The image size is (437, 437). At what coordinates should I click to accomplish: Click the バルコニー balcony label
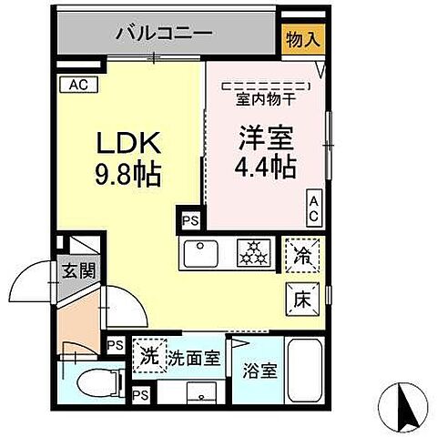click(164, 35)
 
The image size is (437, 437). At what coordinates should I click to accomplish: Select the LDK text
click(130, 144)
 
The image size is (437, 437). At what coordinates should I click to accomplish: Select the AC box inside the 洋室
click(312, 208)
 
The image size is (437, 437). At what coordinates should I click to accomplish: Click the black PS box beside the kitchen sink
click(188, 220)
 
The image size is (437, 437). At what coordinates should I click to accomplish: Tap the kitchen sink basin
click(199, 252)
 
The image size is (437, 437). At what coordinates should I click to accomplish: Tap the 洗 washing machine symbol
click(146, 356)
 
